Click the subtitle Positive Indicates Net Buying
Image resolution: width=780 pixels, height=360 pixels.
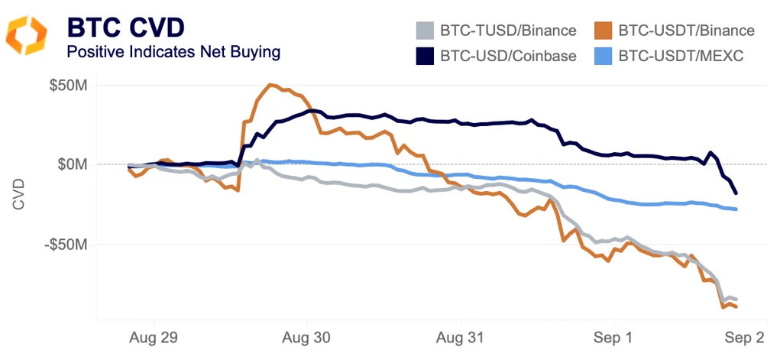pos(173,52)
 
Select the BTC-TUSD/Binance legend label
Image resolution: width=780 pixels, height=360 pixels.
pos(508,31)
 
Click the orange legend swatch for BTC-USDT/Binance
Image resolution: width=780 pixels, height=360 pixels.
pos(603,31)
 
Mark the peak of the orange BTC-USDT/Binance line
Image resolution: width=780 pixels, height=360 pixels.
pos(270,84)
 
